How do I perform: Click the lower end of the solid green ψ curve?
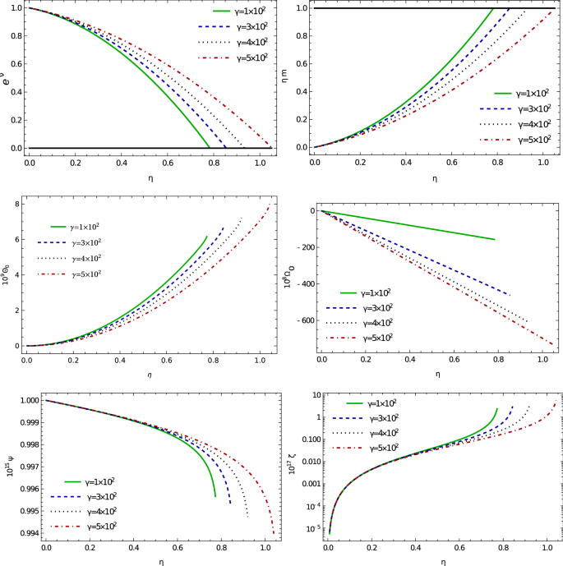click(x=215, y=497)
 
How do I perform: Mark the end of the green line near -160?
click(x=496, y=240)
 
